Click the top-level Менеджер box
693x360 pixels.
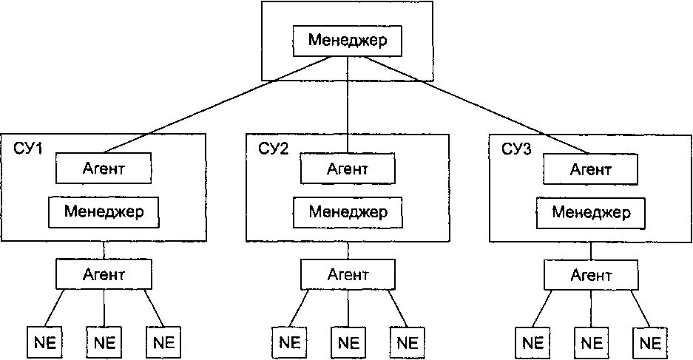(x=347, y=41)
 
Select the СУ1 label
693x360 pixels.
(x=29, y=149)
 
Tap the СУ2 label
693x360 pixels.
(x=274, y=149)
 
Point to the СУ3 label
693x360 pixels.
(x=517, y=149)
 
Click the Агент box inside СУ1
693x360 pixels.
(x=104, y=169)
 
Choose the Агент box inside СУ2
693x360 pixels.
(x=347, y=169)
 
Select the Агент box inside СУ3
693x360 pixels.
(x=590, y=169)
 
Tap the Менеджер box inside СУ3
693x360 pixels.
(x=591, y=213)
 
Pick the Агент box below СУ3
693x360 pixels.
(x=590, y=275)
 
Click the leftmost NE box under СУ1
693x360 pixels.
(x=44, y=342)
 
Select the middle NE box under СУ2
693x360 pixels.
(x=347, y=342)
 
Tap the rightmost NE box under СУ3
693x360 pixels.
(x=649, y=342)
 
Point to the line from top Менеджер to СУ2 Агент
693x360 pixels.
(x=347, y=103)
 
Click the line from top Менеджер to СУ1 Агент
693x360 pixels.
(x=222, y=103)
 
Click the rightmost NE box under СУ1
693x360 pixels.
(x=163, y=342)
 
